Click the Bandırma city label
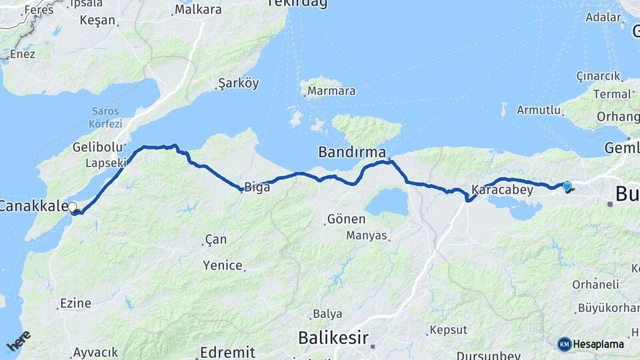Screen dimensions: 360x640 pos(352,152)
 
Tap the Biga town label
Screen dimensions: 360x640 pos(257,187)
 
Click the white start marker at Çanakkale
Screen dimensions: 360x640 pos(72,208)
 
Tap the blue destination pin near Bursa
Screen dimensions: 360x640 pos(567,187)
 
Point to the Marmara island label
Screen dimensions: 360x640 pos(331,91)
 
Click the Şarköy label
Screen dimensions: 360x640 pos(238,84)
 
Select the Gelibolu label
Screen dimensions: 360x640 pos(99,147)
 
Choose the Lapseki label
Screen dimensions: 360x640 pos(106,163)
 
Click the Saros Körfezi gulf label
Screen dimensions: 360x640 pos(105,117)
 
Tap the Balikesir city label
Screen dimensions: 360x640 pos(333,337)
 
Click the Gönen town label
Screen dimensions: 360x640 pos(346,219)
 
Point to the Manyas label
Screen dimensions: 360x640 pos(366,235)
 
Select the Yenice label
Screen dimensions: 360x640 pos(223,265)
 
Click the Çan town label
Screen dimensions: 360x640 pos(216,239)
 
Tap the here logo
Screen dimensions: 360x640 pos(19,341)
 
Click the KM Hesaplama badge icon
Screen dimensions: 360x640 pos(565,344)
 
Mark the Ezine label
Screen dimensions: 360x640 pos(75,303)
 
